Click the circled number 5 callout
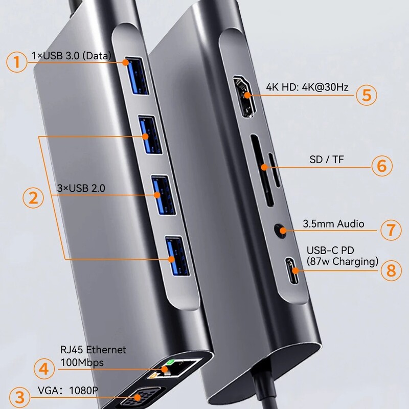[367, 95]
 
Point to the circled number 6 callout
[381, 166]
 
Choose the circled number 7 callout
[391, 229]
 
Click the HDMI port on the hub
[245, 96]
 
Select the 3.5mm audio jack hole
[280, 231]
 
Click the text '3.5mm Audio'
[333, 223]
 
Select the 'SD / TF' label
[327, 160]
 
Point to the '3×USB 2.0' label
[81, 188]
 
